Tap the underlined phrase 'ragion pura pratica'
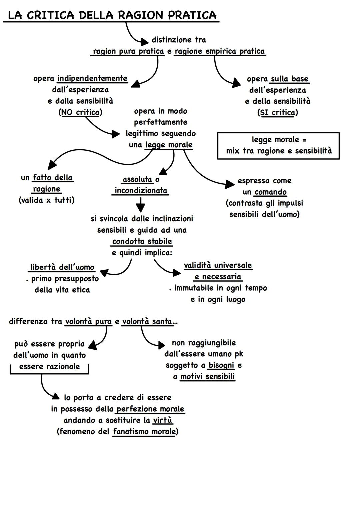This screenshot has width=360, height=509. pyautogui.click(x=128, y=51)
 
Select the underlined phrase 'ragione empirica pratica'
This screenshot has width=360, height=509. pyautogui.click(x=220, y=51)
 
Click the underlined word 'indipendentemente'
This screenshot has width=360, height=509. pyautogui.click(x=92, y=78)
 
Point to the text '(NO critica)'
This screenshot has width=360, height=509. pyautogui.click(x=80, y=112)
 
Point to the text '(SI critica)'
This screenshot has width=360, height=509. pyautogui.click(x=278, y=113)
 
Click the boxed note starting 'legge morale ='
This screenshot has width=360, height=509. pyautogui.click(x=278, y=146)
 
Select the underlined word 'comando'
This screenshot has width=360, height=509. pyautogui.click(x=270, y=192)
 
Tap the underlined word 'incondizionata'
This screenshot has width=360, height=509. pyautogui.click(x=141, y=190)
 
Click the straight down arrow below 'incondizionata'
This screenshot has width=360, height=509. pyautogui.click(x=141, y=204)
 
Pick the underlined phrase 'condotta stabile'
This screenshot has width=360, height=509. pyautogui.click(x=142, y=241)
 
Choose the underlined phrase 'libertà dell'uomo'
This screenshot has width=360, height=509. pyautogui.click(x=62, y=267)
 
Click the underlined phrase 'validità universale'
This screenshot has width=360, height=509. pyautogui.click(x=218, y=265)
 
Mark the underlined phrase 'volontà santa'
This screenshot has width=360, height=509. pyautogui.click(x=147, y=322)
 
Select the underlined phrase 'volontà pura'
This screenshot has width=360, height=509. pyautogui.click(x=88, y=322)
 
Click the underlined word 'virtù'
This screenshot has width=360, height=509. pyautogui.click(x=162, y=420)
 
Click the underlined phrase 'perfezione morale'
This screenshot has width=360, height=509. pyautogui.click(x=150, y=409)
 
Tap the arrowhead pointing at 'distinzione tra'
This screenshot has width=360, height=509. pyautogui.click(x=144, y=42)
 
